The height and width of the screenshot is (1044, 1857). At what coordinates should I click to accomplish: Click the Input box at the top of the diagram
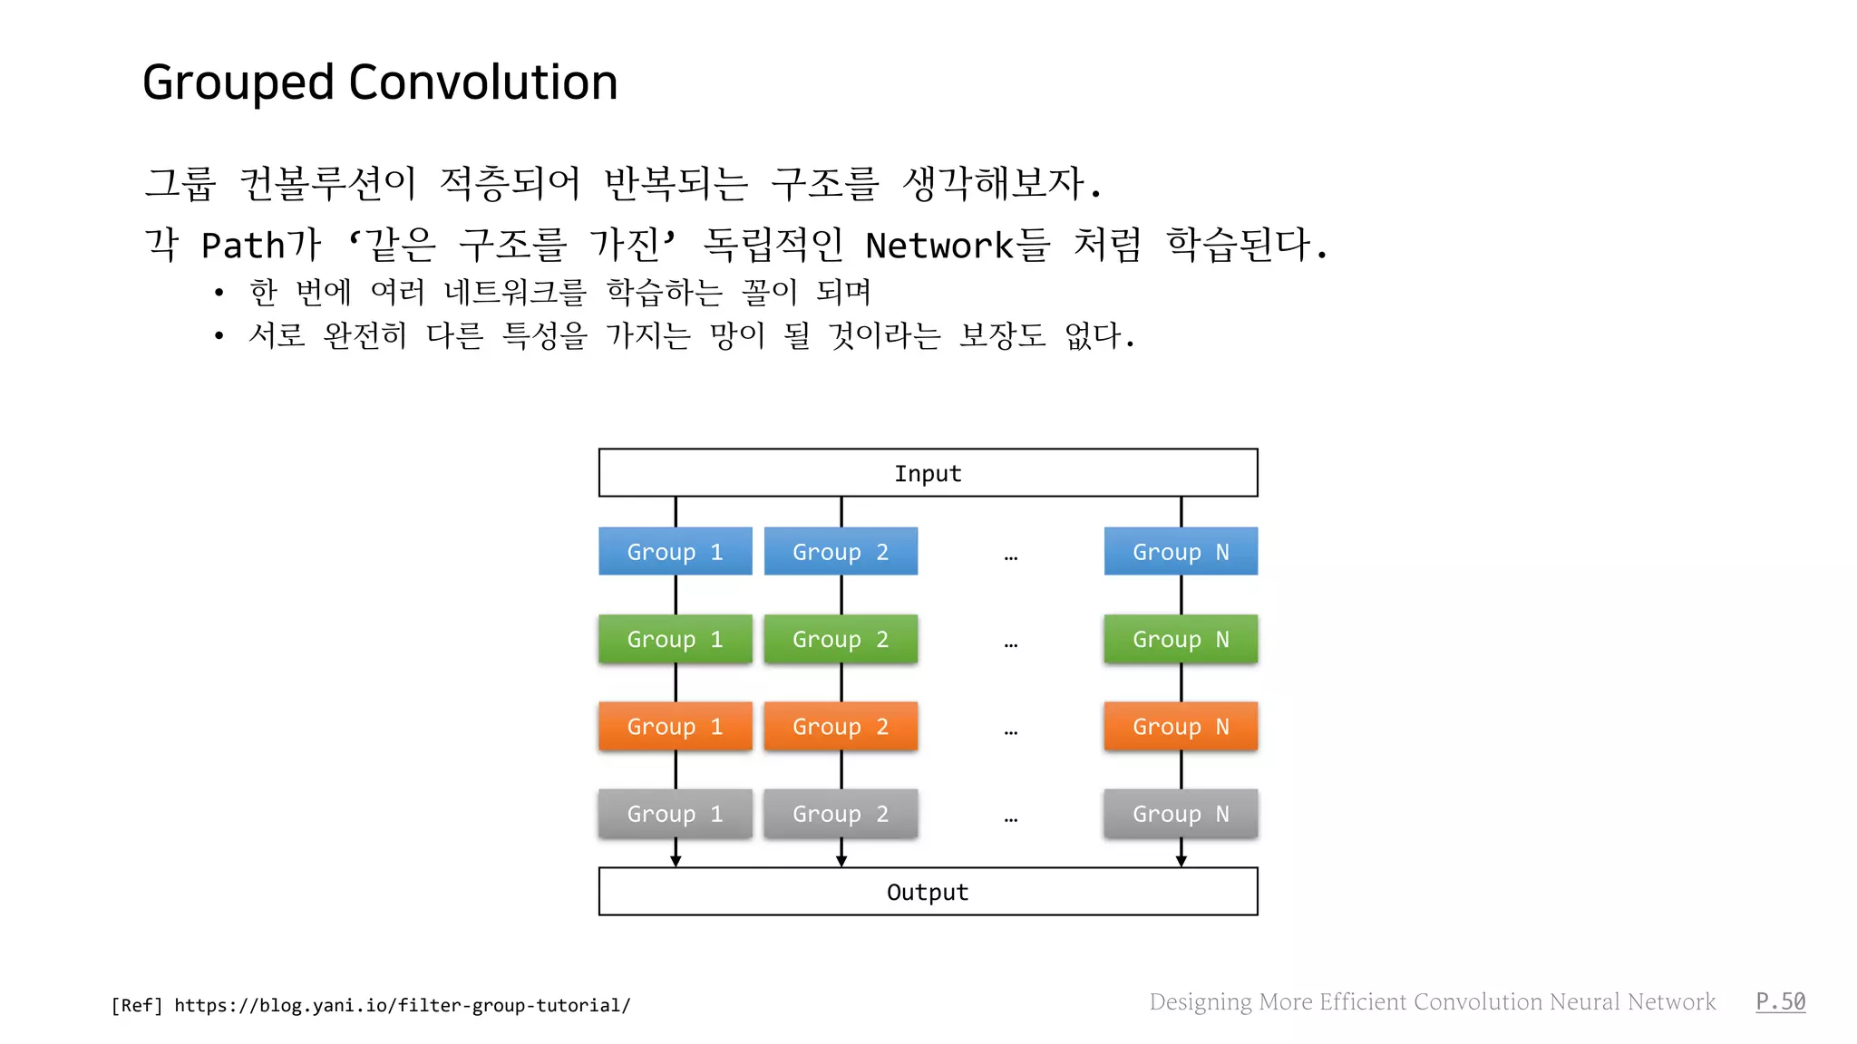(928, 473)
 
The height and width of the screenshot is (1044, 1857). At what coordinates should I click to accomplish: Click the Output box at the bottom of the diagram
(928, 892)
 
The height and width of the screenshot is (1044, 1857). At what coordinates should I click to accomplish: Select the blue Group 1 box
(675, 551)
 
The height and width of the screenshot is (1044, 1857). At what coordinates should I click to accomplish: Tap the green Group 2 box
(841, 639)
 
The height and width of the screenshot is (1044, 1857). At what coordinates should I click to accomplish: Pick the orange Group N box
(1181, 726)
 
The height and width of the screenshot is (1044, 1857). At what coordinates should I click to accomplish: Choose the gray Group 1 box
(675, 813)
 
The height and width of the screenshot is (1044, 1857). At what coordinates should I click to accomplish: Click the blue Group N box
(1181, 551)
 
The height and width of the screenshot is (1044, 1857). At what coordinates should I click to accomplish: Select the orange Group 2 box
(841, 726)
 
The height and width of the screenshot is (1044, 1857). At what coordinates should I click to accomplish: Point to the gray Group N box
(1181, 813)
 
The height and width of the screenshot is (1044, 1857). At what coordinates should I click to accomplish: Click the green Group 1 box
(675, 639)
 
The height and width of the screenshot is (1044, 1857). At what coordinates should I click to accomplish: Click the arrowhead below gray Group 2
(841, 860)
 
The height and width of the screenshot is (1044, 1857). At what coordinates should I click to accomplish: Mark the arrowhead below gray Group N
(1181, 860)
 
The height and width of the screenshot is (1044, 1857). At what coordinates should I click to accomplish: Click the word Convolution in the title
(482, 82)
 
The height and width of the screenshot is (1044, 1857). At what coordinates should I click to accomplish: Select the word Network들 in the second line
(958, 245)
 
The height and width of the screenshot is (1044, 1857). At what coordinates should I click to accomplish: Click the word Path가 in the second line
(261, 245)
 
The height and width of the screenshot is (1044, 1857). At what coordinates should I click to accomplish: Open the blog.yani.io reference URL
(402, 1005)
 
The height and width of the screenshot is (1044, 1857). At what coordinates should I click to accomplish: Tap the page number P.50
(1780, 1001)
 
